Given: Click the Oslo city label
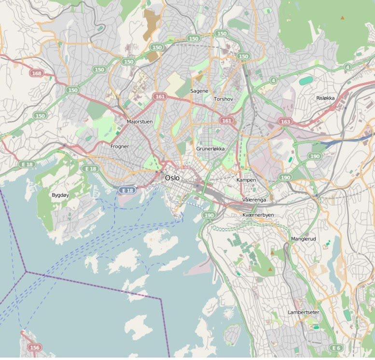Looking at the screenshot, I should [x=172, y=178].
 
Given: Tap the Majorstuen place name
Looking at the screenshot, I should [x=139, y=122].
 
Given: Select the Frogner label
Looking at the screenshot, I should [x=119, y=146].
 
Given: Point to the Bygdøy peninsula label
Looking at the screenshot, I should [x=60, y=195].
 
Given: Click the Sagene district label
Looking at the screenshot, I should [x=199, y=91].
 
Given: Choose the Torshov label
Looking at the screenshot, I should [x=223, y=99].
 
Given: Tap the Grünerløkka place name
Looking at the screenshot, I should [x=210, y=149].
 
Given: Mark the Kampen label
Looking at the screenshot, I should [x=246, y=180].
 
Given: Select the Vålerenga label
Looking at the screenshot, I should [x=254, y=199].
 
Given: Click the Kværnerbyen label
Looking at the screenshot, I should [x=258, y=215].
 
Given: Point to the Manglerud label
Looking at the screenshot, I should [x=303, y=239].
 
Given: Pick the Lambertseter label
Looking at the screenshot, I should [x=303, y=312].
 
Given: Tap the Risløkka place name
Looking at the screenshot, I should [x=325, y=98].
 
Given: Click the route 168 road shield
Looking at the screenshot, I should [x=36, y=73].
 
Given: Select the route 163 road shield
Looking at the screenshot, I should [x=285, y=122].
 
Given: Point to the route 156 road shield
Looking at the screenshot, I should [x=34, y=347].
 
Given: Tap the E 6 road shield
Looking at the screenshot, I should [x=336, y=347].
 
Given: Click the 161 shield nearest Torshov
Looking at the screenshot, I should [x=226, y=120].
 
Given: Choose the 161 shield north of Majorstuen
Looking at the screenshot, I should [x=160, y=97].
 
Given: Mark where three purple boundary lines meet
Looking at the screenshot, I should [x=26, y=272].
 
